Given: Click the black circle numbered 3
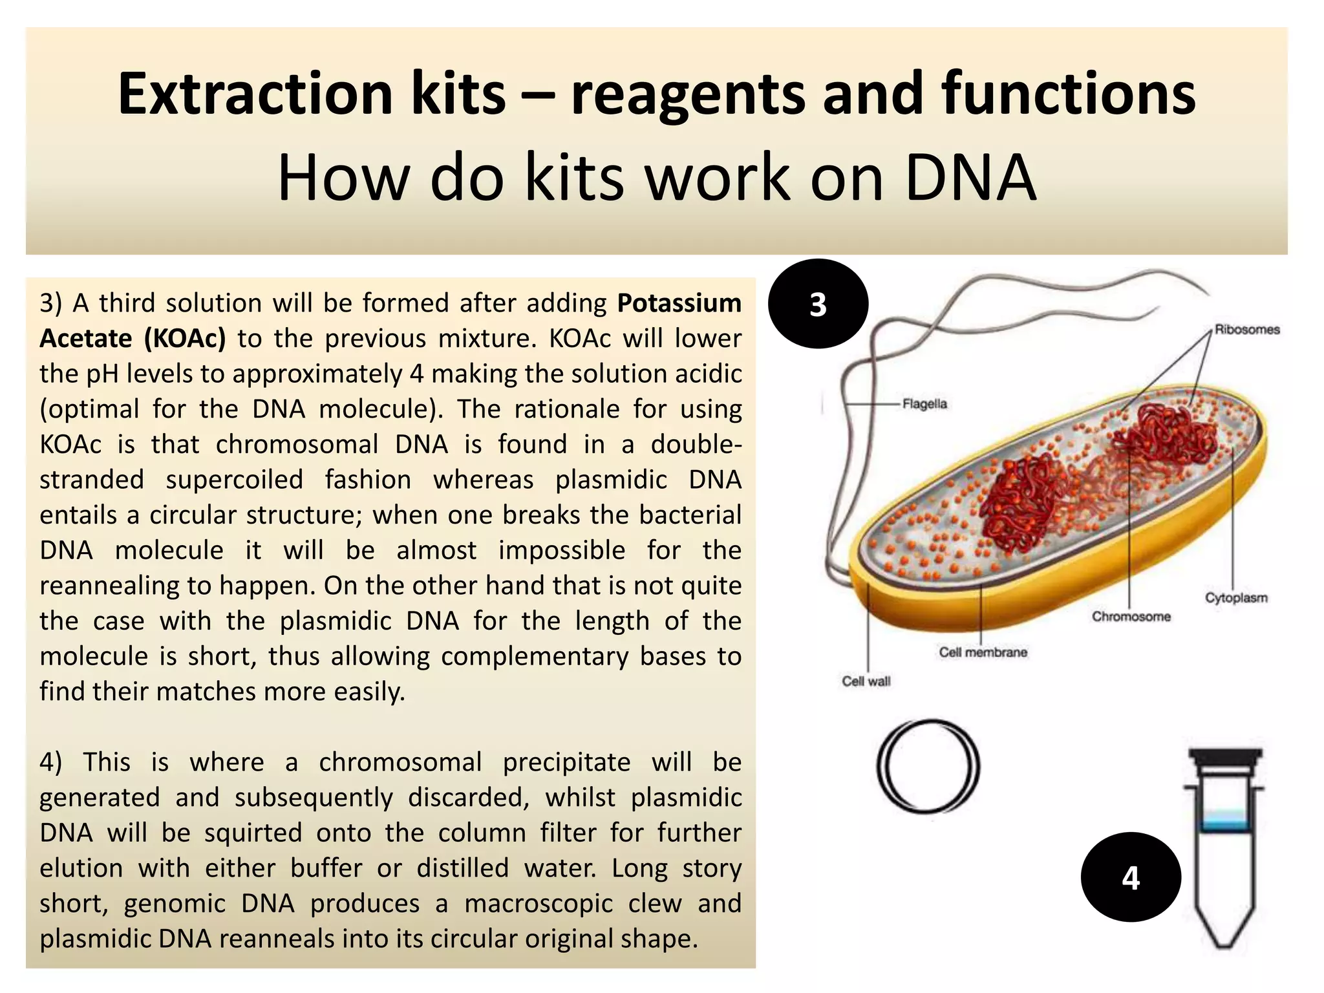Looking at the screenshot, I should tap(818, 304).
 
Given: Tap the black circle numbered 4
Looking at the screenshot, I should tap(1131, 877).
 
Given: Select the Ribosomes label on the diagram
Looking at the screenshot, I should tap(1246, 330).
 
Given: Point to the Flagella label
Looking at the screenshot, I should tap(924, 404).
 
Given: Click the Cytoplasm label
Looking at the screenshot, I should tap(1235, 598).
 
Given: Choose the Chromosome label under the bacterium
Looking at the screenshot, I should tap(1131, 617).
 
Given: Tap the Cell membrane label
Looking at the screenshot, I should tap(983, 652).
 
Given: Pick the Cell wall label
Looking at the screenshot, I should tap(866, 681).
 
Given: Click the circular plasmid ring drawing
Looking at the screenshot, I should tap(928, 766).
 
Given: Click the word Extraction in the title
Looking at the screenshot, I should tap(255, 94).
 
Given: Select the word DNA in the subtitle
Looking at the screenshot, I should tap(970, 178).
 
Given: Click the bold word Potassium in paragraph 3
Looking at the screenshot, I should tap(679, 303).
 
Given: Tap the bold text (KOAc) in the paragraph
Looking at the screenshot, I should tap(185, 339).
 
